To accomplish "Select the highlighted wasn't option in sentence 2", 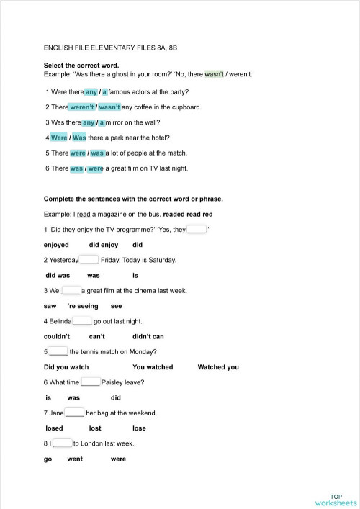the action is pos(109,107).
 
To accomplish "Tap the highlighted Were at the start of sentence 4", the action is pos(59,138).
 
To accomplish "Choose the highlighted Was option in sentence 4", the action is pos(79,138).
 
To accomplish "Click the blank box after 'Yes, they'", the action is pos(197,230).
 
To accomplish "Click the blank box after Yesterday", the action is pos(89,260).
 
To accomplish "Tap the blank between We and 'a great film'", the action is pos(71,290).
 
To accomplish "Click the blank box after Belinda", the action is pos(82,321).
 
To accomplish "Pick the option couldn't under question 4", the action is pos(57,336).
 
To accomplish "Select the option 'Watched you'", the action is pos(218,367).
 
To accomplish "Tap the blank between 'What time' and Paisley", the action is pos(90,382).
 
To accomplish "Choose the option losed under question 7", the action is pos(54,428).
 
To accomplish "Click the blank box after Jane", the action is pos(75,413).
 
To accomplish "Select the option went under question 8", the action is pos(75,459).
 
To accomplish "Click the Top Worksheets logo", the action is pos(335,499).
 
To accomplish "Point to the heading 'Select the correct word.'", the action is pos(76,65).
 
